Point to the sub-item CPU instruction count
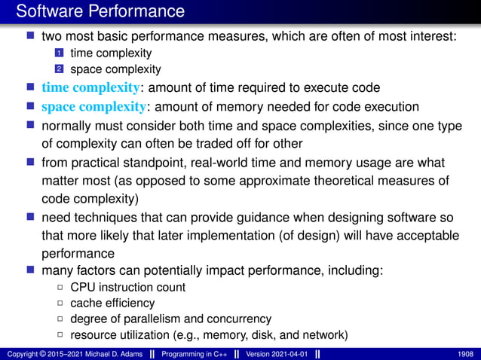click(x=127, y=287)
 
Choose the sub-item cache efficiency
click(x=112, y=303)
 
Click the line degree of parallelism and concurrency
click(x=170, y=319)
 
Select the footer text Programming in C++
click(x=191, y=352)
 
